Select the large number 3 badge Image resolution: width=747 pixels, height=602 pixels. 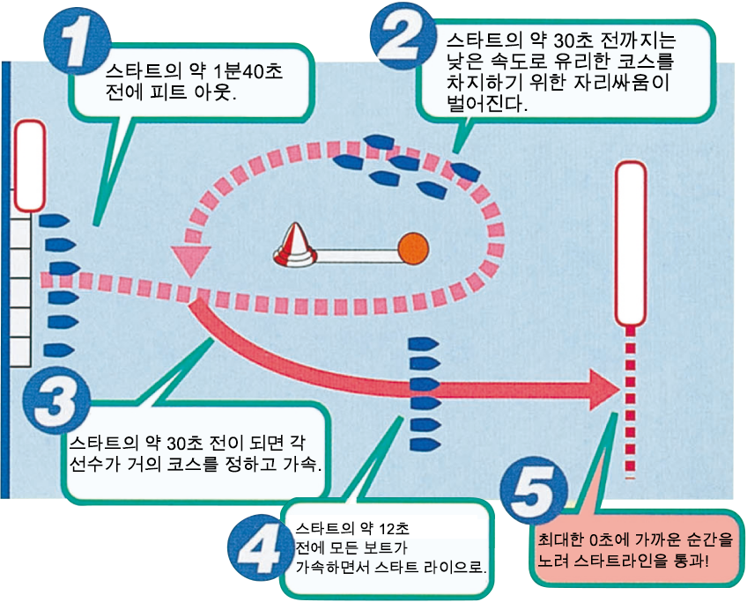pos(55,400)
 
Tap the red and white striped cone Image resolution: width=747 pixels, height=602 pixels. pos(294,246)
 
